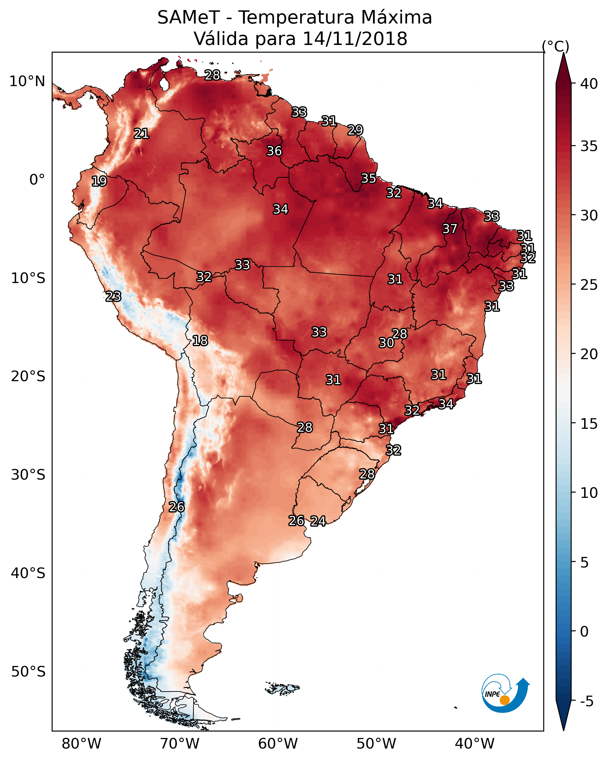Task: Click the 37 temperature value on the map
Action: [450, 229]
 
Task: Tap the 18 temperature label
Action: [200, 341]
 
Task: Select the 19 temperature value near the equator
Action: [99, 181]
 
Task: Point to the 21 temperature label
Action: [141, 134]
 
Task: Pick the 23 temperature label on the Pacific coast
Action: [113, 297]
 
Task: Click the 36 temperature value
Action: [274, 151]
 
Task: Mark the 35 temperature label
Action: [369, 178]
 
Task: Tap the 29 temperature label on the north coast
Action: [355, 130]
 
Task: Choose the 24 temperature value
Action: [318, 521]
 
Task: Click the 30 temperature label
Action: [386, 343]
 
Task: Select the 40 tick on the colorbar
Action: [589, 84]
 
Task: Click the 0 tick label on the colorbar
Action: [584, 632]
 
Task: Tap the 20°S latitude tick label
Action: [28, 376]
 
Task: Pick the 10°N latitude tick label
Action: [27, 81]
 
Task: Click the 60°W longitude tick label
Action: [278, 744]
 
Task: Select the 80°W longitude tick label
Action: [81, 744]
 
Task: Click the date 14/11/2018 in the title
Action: [355, 39]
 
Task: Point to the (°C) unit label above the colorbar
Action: [555, 46]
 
